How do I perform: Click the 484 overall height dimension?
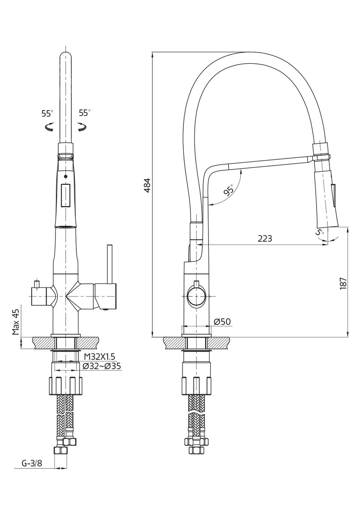pyautogui.click(x=147, y=185)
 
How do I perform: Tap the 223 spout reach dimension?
pyautogui.click(x=265, y=239)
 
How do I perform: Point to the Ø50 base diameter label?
pyautogui.click(x=222, y=321)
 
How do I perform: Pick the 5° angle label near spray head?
pyautogui.click(x=319, y=232)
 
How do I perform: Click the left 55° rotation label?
pyautogui.click(x=47, y=113)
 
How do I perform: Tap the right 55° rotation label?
pyautogui.click(x=85, y=113)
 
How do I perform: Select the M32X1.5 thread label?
pyautogui.click(x=99, y=357)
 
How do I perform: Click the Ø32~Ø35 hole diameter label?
pyautogui.click(x=101, y=366)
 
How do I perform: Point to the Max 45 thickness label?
pyautogui.click(x=16, y=322)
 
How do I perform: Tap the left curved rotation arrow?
pyautogui.click(x=49, y=126)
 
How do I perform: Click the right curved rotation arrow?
pyautogui.click(x=82, y=127)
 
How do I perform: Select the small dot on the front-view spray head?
pyautogui.click(x=66, y=177)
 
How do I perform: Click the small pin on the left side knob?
pyautogui.click(x=36, y=284)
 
